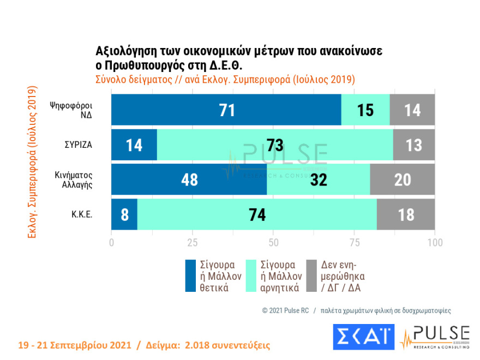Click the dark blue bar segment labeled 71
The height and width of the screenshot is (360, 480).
tap(226, 110)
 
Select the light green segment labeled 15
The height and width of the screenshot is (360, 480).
tap(365, 110)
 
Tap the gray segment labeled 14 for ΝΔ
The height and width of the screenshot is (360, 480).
tap(412, 110)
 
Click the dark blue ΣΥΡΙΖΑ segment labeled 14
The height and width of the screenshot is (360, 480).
tap(134, 145)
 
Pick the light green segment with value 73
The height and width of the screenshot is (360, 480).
tap(275, 145)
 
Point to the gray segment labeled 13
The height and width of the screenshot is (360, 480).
tap(414, 145)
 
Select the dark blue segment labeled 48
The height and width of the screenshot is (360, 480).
tap(189, 179)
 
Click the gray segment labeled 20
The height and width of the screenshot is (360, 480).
tap(403, 179)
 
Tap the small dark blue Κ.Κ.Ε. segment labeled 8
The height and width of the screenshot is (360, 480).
tap(124, 214)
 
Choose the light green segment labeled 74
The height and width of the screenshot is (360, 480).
tap(257, 214)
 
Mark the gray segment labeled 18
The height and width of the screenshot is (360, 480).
tap(406, 214)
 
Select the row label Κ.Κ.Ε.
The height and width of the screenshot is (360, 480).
tap(81, 214)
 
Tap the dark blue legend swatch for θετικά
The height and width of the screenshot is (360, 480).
tap(190, 275)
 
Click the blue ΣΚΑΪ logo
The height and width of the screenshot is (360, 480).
tap(363, 337)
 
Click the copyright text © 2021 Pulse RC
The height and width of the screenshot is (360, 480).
tap(285, 310)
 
